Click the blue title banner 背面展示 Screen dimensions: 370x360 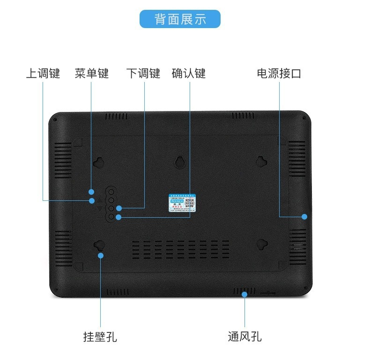180,19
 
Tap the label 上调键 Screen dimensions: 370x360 43,73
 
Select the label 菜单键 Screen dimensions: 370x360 92,73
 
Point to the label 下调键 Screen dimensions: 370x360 143,73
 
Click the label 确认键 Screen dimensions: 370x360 189,73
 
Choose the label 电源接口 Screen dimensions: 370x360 279,73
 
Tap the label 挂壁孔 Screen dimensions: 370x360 100,336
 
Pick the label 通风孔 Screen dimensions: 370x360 244,336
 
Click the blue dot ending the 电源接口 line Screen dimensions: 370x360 304,216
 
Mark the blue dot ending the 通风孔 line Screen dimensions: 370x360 244,294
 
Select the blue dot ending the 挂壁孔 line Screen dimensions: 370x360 100,255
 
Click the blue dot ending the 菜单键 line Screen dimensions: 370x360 92,191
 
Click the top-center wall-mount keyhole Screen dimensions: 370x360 180,162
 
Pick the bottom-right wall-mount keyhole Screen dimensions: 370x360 262,244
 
